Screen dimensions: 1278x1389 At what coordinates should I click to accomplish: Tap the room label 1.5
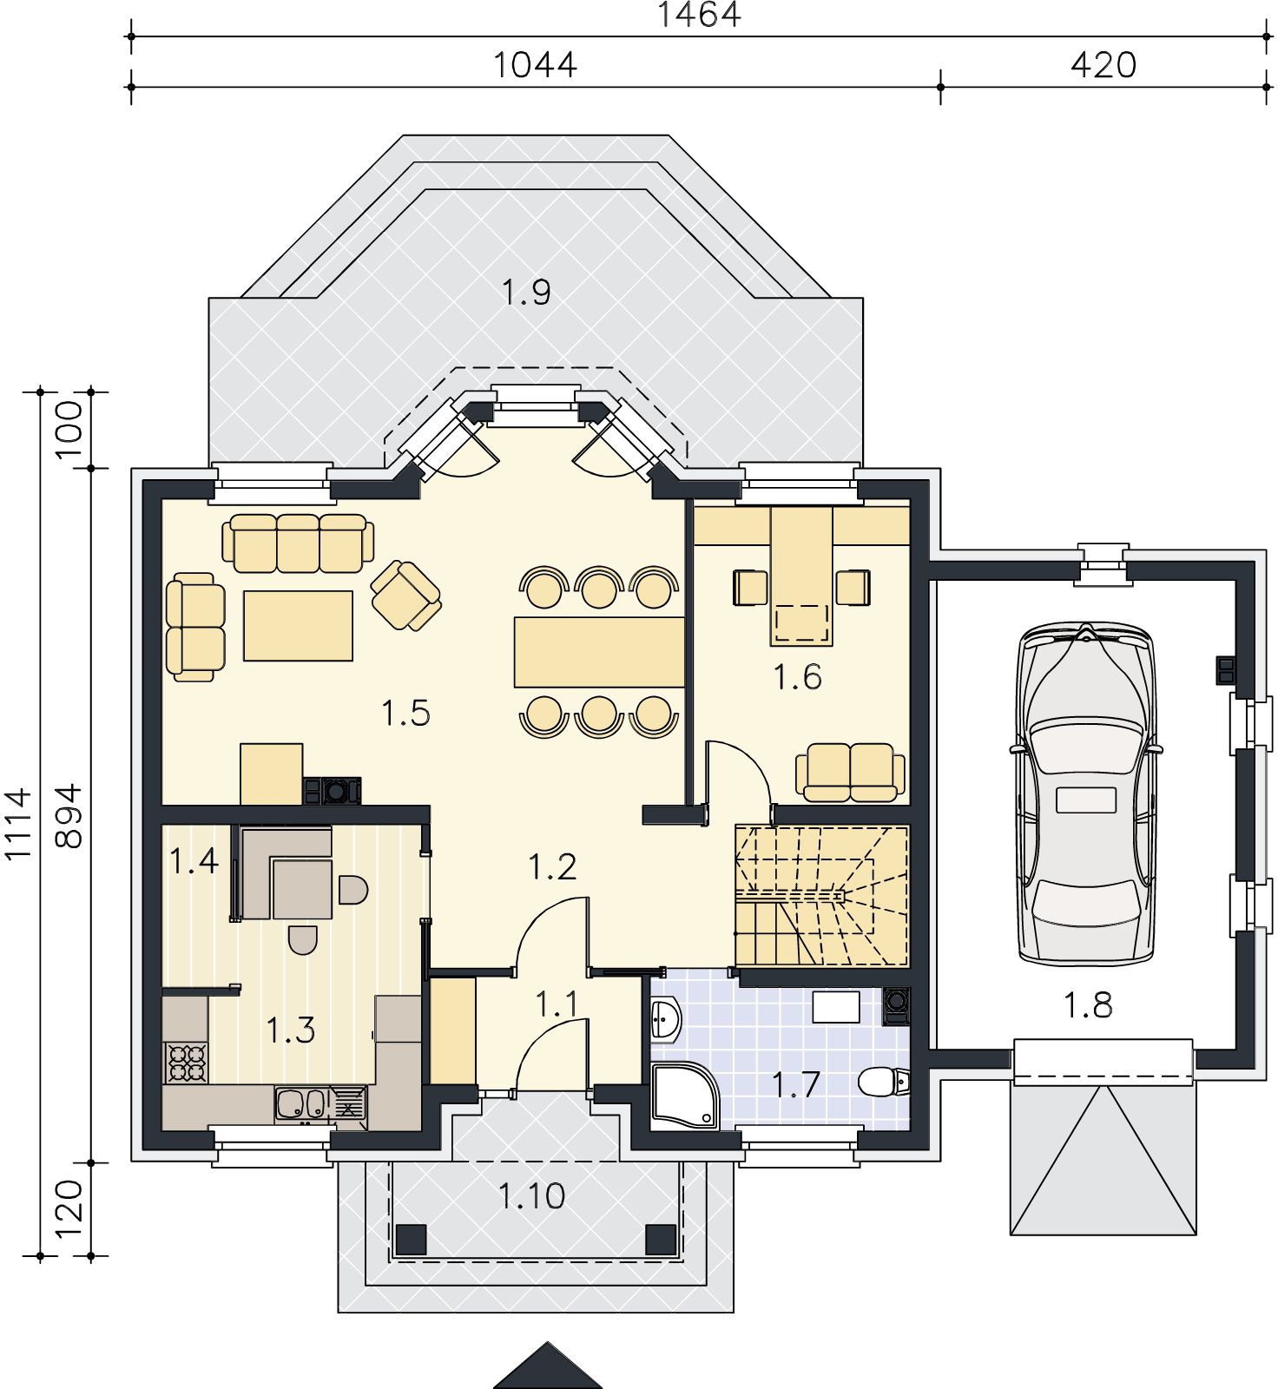[405, 714]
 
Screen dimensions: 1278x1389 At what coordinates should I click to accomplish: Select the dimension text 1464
[699, 15]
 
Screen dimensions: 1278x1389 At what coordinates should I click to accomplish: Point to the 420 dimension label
[1103, 65]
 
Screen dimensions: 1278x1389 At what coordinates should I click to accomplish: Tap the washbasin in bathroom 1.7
[666, 1018]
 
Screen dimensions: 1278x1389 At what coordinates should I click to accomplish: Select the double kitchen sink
[300, 1104]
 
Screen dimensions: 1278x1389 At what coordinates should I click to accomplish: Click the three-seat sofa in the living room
[298, 543]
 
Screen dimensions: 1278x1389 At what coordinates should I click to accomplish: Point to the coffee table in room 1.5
[298, 626]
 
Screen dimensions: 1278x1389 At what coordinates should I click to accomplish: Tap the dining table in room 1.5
[598, 652]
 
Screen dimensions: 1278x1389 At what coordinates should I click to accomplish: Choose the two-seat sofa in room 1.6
[851, 772]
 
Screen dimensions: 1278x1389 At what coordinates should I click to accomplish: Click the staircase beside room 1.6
[821, 895]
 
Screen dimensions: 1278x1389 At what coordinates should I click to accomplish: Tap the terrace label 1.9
[527, 293]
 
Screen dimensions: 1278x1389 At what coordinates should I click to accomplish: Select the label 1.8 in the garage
[1087, 1005]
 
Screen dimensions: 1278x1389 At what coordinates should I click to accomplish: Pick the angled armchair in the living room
[405, 596]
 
